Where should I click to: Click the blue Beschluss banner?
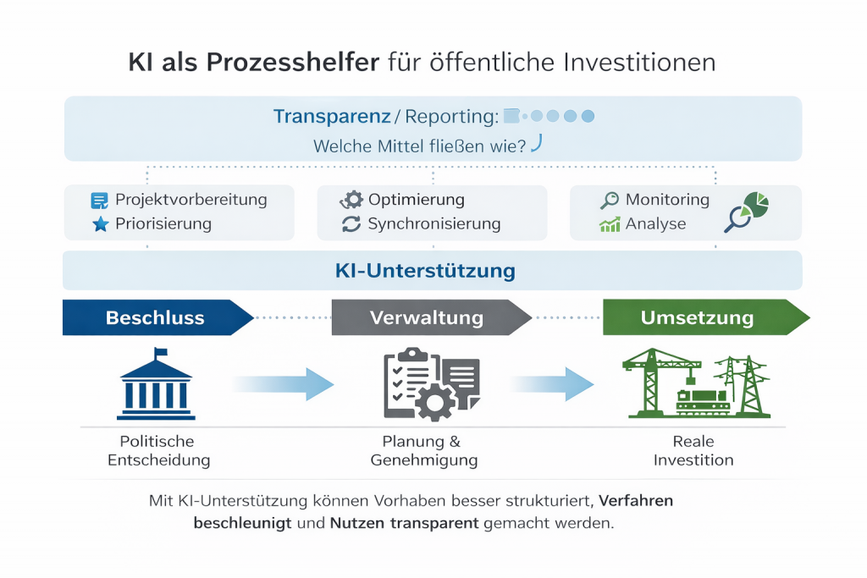coord(157,317)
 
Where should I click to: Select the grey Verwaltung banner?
coord(428,317)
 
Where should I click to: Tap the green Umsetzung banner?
coord(699,317)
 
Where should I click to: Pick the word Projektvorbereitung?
coord(191,200)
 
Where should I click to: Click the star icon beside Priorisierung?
coord(100,224)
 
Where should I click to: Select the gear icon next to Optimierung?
coord(351,200)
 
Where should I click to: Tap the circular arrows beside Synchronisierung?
coord(351,224)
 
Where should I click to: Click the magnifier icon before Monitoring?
coord(610,201)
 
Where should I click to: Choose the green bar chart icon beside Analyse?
coord(610,224)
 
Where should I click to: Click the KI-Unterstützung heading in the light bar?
coord(433,271)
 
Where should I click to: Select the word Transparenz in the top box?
coord(331,117)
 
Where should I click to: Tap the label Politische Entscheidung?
coord(157,451)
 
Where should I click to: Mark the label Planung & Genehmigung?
coord(424,451)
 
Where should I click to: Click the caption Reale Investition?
coord(693,451)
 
